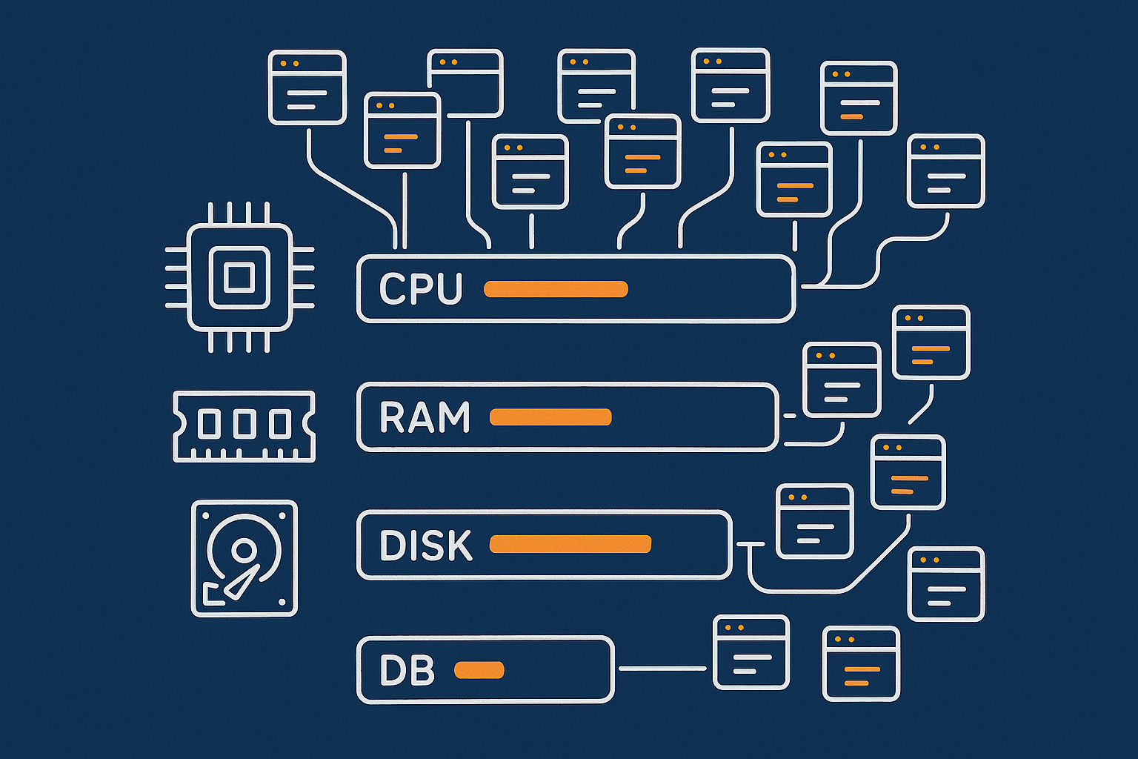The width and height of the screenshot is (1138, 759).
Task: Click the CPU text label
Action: [x=420, y=289]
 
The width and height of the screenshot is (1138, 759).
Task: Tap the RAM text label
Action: [x=425, y=417]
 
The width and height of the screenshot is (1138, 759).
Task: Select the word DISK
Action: [x=425, y=546]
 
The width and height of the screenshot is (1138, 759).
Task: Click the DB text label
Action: [x=407, y=671]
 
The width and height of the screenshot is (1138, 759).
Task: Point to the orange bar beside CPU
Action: [x=556, y=289]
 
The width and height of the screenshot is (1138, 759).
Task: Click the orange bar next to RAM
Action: [x=550, y=417]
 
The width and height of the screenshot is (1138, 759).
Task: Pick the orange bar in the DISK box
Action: [x=570, y=545]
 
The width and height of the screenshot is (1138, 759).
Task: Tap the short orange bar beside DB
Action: [x=479, y=670]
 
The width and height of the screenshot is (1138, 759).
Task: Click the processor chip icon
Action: [x=239, y=277]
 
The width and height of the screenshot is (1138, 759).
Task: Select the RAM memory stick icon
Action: [x=244, y=426]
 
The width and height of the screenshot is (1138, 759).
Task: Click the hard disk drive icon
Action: [x=244, y=557]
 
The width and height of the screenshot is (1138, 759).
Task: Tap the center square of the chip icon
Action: [x=239, y=277]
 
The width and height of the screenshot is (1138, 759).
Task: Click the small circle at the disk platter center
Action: [x=243, y=550]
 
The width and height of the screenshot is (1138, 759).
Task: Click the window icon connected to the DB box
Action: [x=751, y=652]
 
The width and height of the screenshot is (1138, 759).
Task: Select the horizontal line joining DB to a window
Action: [x=662, y=669]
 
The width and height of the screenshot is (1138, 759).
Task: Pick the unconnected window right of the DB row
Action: [x=861, y=663]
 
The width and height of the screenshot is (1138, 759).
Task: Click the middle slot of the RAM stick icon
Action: [x=244, y=424]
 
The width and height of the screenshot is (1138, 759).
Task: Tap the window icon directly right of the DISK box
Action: [x=814, y=521]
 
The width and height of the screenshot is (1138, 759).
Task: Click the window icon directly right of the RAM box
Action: [x=842, y=379]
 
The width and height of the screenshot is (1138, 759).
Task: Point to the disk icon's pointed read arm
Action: [x=242, y=583]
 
